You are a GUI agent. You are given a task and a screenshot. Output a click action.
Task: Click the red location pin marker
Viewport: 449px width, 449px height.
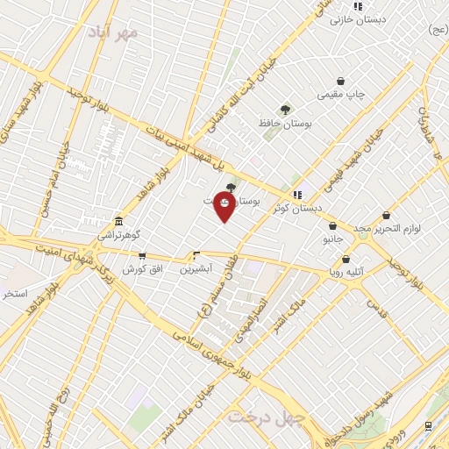(x=224, y=208)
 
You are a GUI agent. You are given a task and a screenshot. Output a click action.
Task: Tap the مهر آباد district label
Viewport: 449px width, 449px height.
(x=113, y=32)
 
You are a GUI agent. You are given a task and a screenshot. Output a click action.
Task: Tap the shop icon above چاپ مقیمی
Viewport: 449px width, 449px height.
(x=340, y=82)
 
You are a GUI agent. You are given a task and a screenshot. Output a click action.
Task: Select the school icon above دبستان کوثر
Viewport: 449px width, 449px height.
(x=297, y=194)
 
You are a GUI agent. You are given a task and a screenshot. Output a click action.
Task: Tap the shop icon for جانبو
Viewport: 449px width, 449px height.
(x=332, y=225)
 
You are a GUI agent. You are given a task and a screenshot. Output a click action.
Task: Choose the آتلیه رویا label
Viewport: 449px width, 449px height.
(x=347, y=272)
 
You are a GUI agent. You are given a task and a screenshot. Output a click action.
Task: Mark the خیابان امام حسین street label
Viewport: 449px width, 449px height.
(x=50, y=181)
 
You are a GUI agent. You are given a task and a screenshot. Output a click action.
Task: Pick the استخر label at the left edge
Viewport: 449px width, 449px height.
(x=13, y=292)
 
